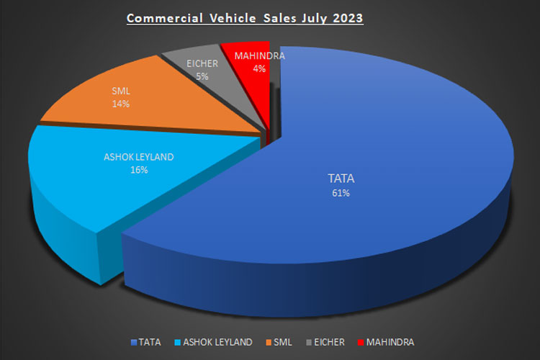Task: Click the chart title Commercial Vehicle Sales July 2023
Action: pyautogui.click(x=245, y=17)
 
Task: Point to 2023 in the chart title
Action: pyautogui.click(x=346, y=17)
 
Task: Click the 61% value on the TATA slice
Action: pyautogui.click(x=336, y=192)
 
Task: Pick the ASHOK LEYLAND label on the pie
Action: pyautogui.click(x=138, y=157)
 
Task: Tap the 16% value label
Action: pyautogui.click(x=138, y=170)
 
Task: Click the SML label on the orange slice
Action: pyautogui.click(x=121, y=91)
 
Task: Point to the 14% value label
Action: pyautogui.click(x=121, y=104)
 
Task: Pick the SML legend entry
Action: pyautogui.click(x=283, y=341)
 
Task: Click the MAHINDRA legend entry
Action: pyautogui.click(x=388, y=341)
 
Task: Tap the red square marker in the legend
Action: pyautogui.click(x=361, y=341)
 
